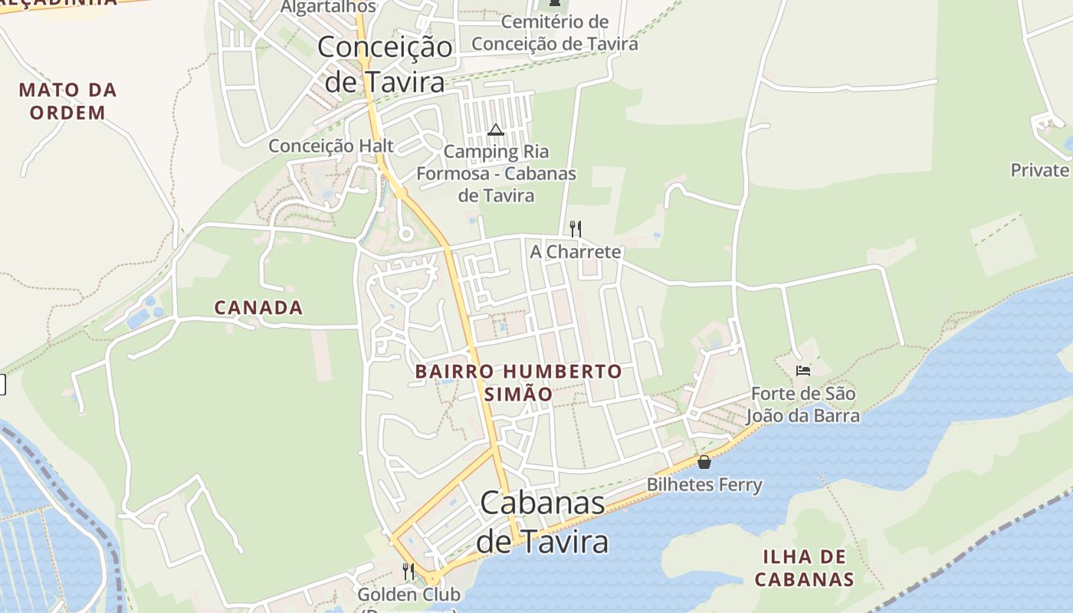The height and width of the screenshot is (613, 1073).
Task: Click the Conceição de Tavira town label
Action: [385, 64]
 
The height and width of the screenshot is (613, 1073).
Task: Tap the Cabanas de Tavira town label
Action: [543, 522]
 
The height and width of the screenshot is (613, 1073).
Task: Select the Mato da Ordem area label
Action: [67, 101]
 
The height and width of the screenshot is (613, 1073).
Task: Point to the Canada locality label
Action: [258, 308]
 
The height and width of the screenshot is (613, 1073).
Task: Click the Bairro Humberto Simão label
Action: [518, 382]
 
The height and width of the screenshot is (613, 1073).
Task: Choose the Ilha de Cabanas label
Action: [804, 568]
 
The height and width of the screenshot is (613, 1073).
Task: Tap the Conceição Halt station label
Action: [331, 146]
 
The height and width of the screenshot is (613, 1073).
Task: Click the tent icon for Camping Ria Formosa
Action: [495, 129]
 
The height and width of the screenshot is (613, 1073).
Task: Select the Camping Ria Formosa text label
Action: [496, 173]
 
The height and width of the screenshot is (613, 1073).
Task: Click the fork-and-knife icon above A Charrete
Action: [576, 228]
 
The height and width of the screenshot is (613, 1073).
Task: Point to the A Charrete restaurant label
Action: [576, 251]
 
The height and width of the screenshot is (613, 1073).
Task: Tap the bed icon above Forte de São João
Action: [802, 372]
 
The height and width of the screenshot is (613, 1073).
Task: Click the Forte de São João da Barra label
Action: [802, 405]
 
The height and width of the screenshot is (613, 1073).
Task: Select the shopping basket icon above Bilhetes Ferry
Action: [704, 462]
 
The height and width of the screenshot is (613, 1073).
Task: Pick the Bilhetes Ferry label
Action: [704, 484]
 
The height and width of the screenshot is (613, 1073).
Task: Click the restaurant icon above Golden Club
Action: [409, 572]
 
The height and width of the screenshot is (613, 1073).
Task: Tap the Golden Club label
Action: [409, 595]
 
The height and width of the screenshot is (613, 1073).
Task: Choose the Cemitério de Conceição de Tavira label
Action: [554, 33]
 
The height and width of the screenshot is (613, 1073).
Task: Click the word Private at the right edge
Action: [1039, 170]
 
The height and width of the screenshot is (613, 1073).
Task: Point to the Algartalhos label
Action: [328, 7]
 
